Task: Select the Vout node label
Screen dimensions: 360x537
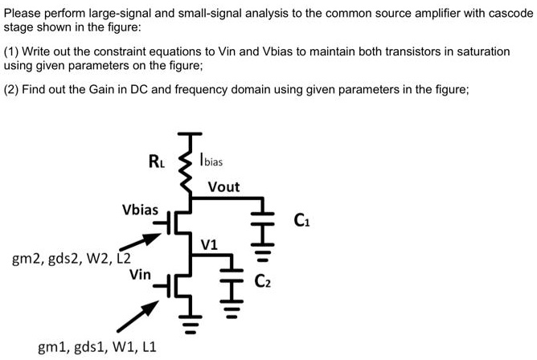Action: (x=223, y=186)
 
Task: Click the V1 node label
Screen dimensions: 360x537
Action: (x=209, y=243)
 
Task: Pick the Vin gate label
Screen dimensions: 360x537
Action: (x=140, y=274)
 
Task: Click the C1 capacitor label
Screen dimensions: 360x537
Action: (x=302, y=218)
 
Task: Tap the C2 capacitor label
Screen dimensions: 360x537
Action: (x=264, y=280)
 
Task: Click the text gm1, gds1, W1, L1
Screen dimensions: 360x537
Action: (x=97, y=347)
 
